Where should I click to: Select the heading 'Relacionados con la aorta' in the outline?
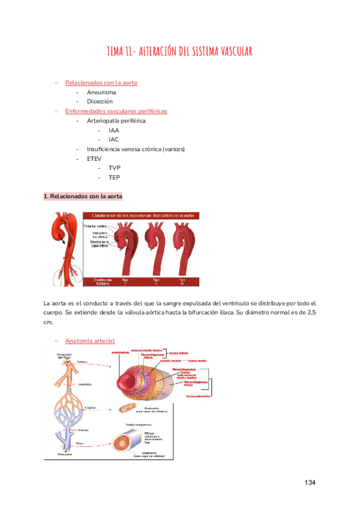tap(101, 83)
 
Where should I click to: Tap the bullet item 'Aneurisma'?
tap(101, 92)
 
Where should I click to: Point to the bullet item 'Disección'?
tap(100, 102)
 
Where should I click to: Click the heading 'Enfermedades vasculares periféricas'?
tap(116, 111)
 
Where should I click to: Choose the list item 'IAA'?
tap(114, 130)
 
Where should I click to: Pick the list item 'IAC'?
tap(114, 140)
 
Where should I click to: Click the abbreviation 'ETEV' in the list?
tap(95, 158)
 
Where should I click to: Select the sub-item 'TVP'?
tap(115, 168)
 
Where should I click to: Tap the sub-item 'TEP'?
tap(114, 178)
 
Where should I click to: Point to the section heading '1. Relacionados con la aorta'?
tap(83, 196)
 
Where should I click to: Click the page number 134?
tap(309, 483)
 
